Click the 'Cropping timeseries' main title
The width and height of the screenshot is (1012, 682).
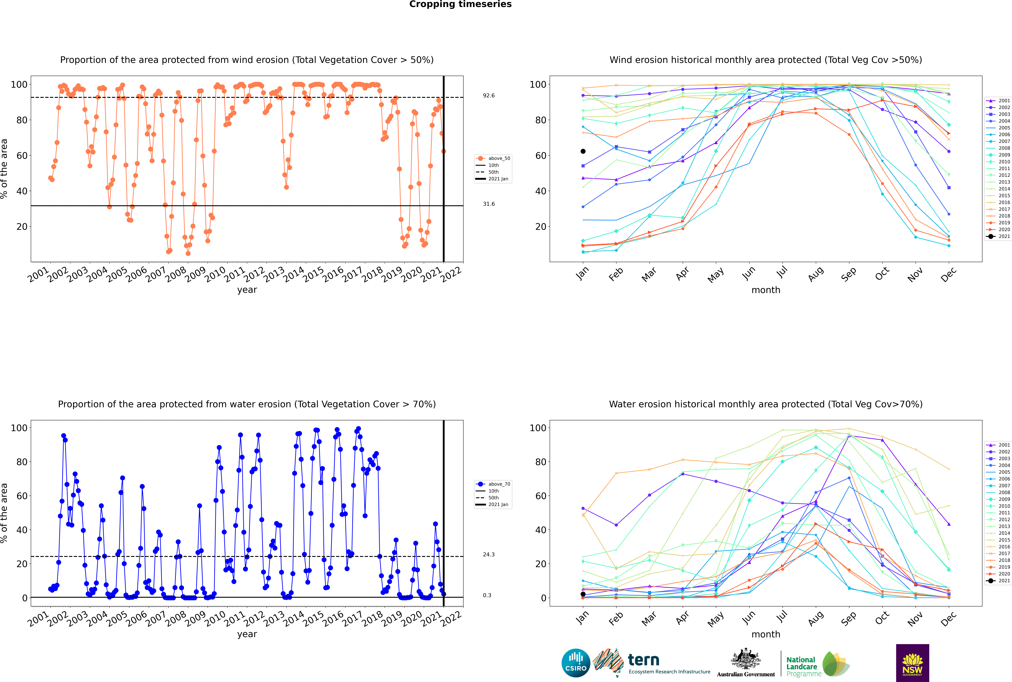pos(460,4)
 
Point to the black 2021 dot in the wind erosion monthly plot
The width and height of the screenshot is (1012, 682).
pos(583,151)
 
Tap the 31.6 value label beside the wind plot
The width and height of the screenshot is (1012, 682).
pos(489,204)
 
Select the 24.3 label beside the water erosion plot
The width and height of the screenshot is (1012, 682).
pos(489,555)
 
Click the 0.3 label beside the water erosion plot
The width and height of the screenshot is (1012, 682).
pos(487,595)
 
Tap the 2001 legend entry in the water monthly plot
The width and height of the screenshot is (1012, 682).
pos(999,445)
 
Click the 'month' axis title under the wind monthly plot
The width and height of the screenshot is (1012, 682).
pos(766,290)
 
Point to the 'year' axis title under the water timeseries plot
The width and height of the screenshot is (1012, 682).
pos(247,634)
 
